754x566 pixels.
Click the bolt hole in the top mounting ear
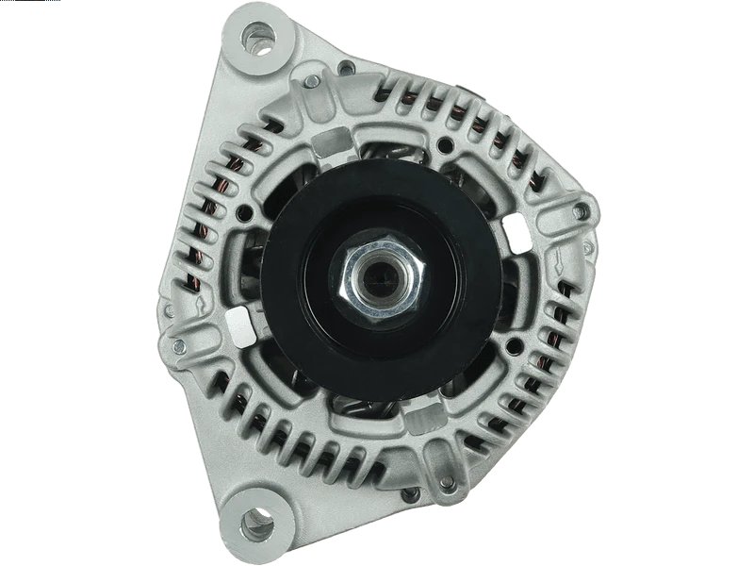tap(256, 40)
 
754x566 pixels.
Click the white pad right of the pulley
tap(517, 232)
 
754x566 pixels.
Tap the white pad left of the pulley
tap(240, 324)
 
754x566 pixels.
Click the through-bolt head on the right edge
tap(580, 213)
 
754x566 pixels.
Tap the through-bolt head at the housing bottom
tap(409, 494)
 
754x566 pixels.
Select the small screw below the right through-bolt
tap(588, 248)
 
